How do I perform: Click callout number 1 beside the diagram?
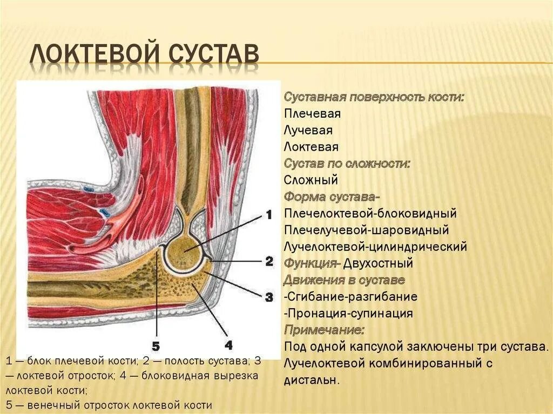pyautogui.click(x=268, y=214)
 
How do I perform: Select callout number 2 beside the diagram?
pyautogui.click(x=269, y=262)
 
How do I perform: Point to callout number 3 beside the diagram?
pyautogui.click(x=269, y=296)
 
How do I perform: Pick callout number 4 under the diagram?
pyautogui.click(x=228, y=344)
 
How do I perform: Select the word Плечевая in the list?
pyautogui.click(x=312, y=114)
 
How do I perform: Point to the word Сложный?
pyautogui.click(x=311, y=180)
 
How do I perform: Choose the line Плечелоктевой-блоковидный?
pyautogui.click(x=370, y=213)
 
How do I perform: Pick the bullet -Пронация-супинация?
pyautogui.click(x=348, y=314)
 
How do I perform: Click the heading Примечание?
pyautogui.click(x=324, y=330)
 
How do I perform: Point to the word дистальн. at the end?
pyautogui.click(x=312, y=380)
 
